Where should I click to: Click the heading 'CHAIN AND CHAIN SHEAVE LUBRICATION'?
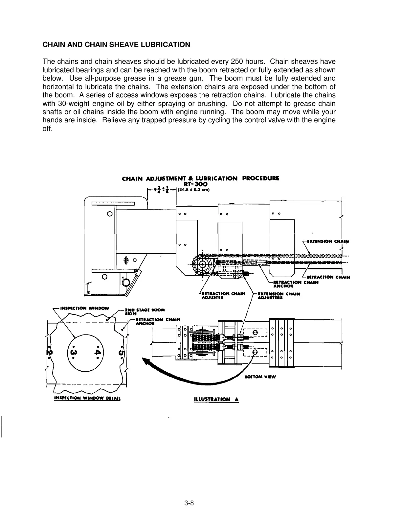[x=116, y=45]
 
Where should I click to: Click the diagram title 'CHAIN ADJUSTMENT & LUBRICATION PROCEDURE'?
[x=200, y=179]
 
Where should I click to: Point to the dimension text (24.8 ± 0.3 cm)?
[x=193, y=190]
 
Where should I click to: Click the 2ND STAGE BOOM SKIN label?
[x=145, y=311]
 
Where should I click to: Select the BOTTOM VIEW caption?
[x=260, y=377]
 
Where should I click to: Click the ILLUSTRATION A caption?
[x=216, y=399]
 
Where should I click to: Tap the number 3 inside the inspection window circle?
[x=74, y=352]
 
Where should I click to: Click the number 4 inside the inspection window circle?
[x=97, y=352]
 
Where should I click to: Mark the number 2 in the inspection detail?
[x=50, y=352]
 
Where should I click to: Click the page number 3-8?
[x=189, y=503]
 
